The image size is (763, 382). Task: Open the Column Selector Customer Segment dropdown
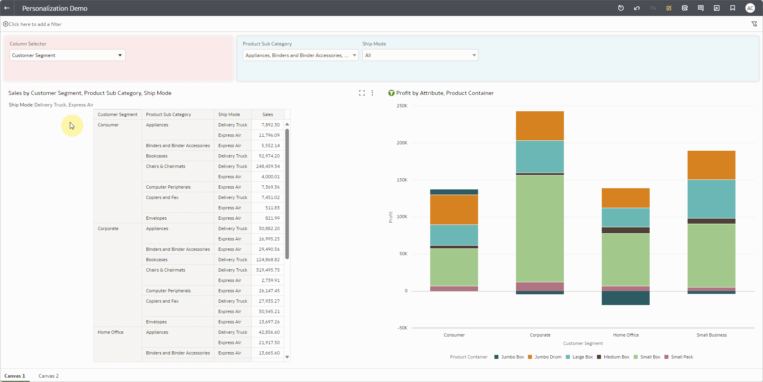click(67, 55)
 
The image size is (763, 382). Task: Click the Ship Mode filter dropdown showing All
click(420, 55)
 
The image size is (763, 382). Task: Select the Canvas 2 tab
click(49, 376)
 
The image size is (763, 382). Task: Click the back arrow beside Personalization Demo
click(7, 8)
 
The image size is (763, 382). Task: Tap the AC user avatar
click(750, 8)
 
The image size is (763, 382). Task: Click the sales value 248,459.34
click(268, 166)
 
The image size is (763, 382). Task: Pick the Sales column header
click(268, 114)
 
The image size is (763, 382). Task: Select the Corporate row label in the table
click(108, 228)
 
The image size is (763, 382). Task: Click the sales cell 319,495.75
click(268, 270)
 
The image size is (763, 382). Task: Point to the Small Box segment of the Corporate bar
click(540, 228)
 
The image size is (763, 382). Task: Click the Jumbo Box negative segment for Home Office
click(625, 298)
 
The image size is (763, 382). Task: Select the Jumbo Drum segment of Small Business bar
click(711, 165)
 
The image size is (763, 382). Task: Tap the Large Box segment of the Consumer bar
click(454, 235)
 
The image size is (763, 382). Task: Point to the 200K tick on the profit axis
click(402, 143)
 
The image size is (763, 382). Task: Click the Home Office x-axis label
click(626, 335)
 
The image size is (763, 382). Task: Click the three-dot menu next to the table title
click(372, 93)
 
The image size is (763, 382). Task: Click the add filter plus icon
click(6, 24)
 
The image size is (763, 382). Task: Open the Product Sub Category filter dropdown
click(300, 55)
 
